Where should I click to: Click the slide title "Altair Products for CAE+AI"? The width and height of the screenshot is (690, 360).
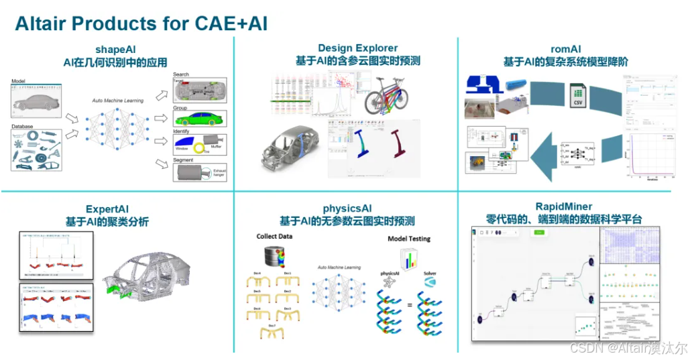click(141, 23)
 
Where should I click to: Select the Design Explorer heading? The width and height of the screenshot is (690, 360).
click(357, 48)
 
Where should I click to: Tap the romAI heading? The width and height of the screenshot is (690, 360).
click(565, 48)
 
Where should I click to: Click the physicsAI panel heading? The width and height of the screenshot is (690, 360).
click(347, 207)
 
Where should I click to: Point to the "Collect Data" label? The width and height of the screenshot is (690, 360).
click(275, 237)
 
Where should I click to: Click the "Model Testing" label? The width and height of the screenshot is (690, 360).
click(409, 239)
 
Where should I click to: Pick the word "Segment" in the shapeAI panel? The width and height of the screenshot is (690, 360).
click(183, 160)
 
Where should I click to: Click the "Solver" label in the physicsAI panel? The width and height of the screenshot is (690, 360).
click(430, 274)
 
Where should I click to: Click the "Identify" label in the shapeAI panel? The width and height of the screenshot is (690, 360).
click(182, 131)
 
